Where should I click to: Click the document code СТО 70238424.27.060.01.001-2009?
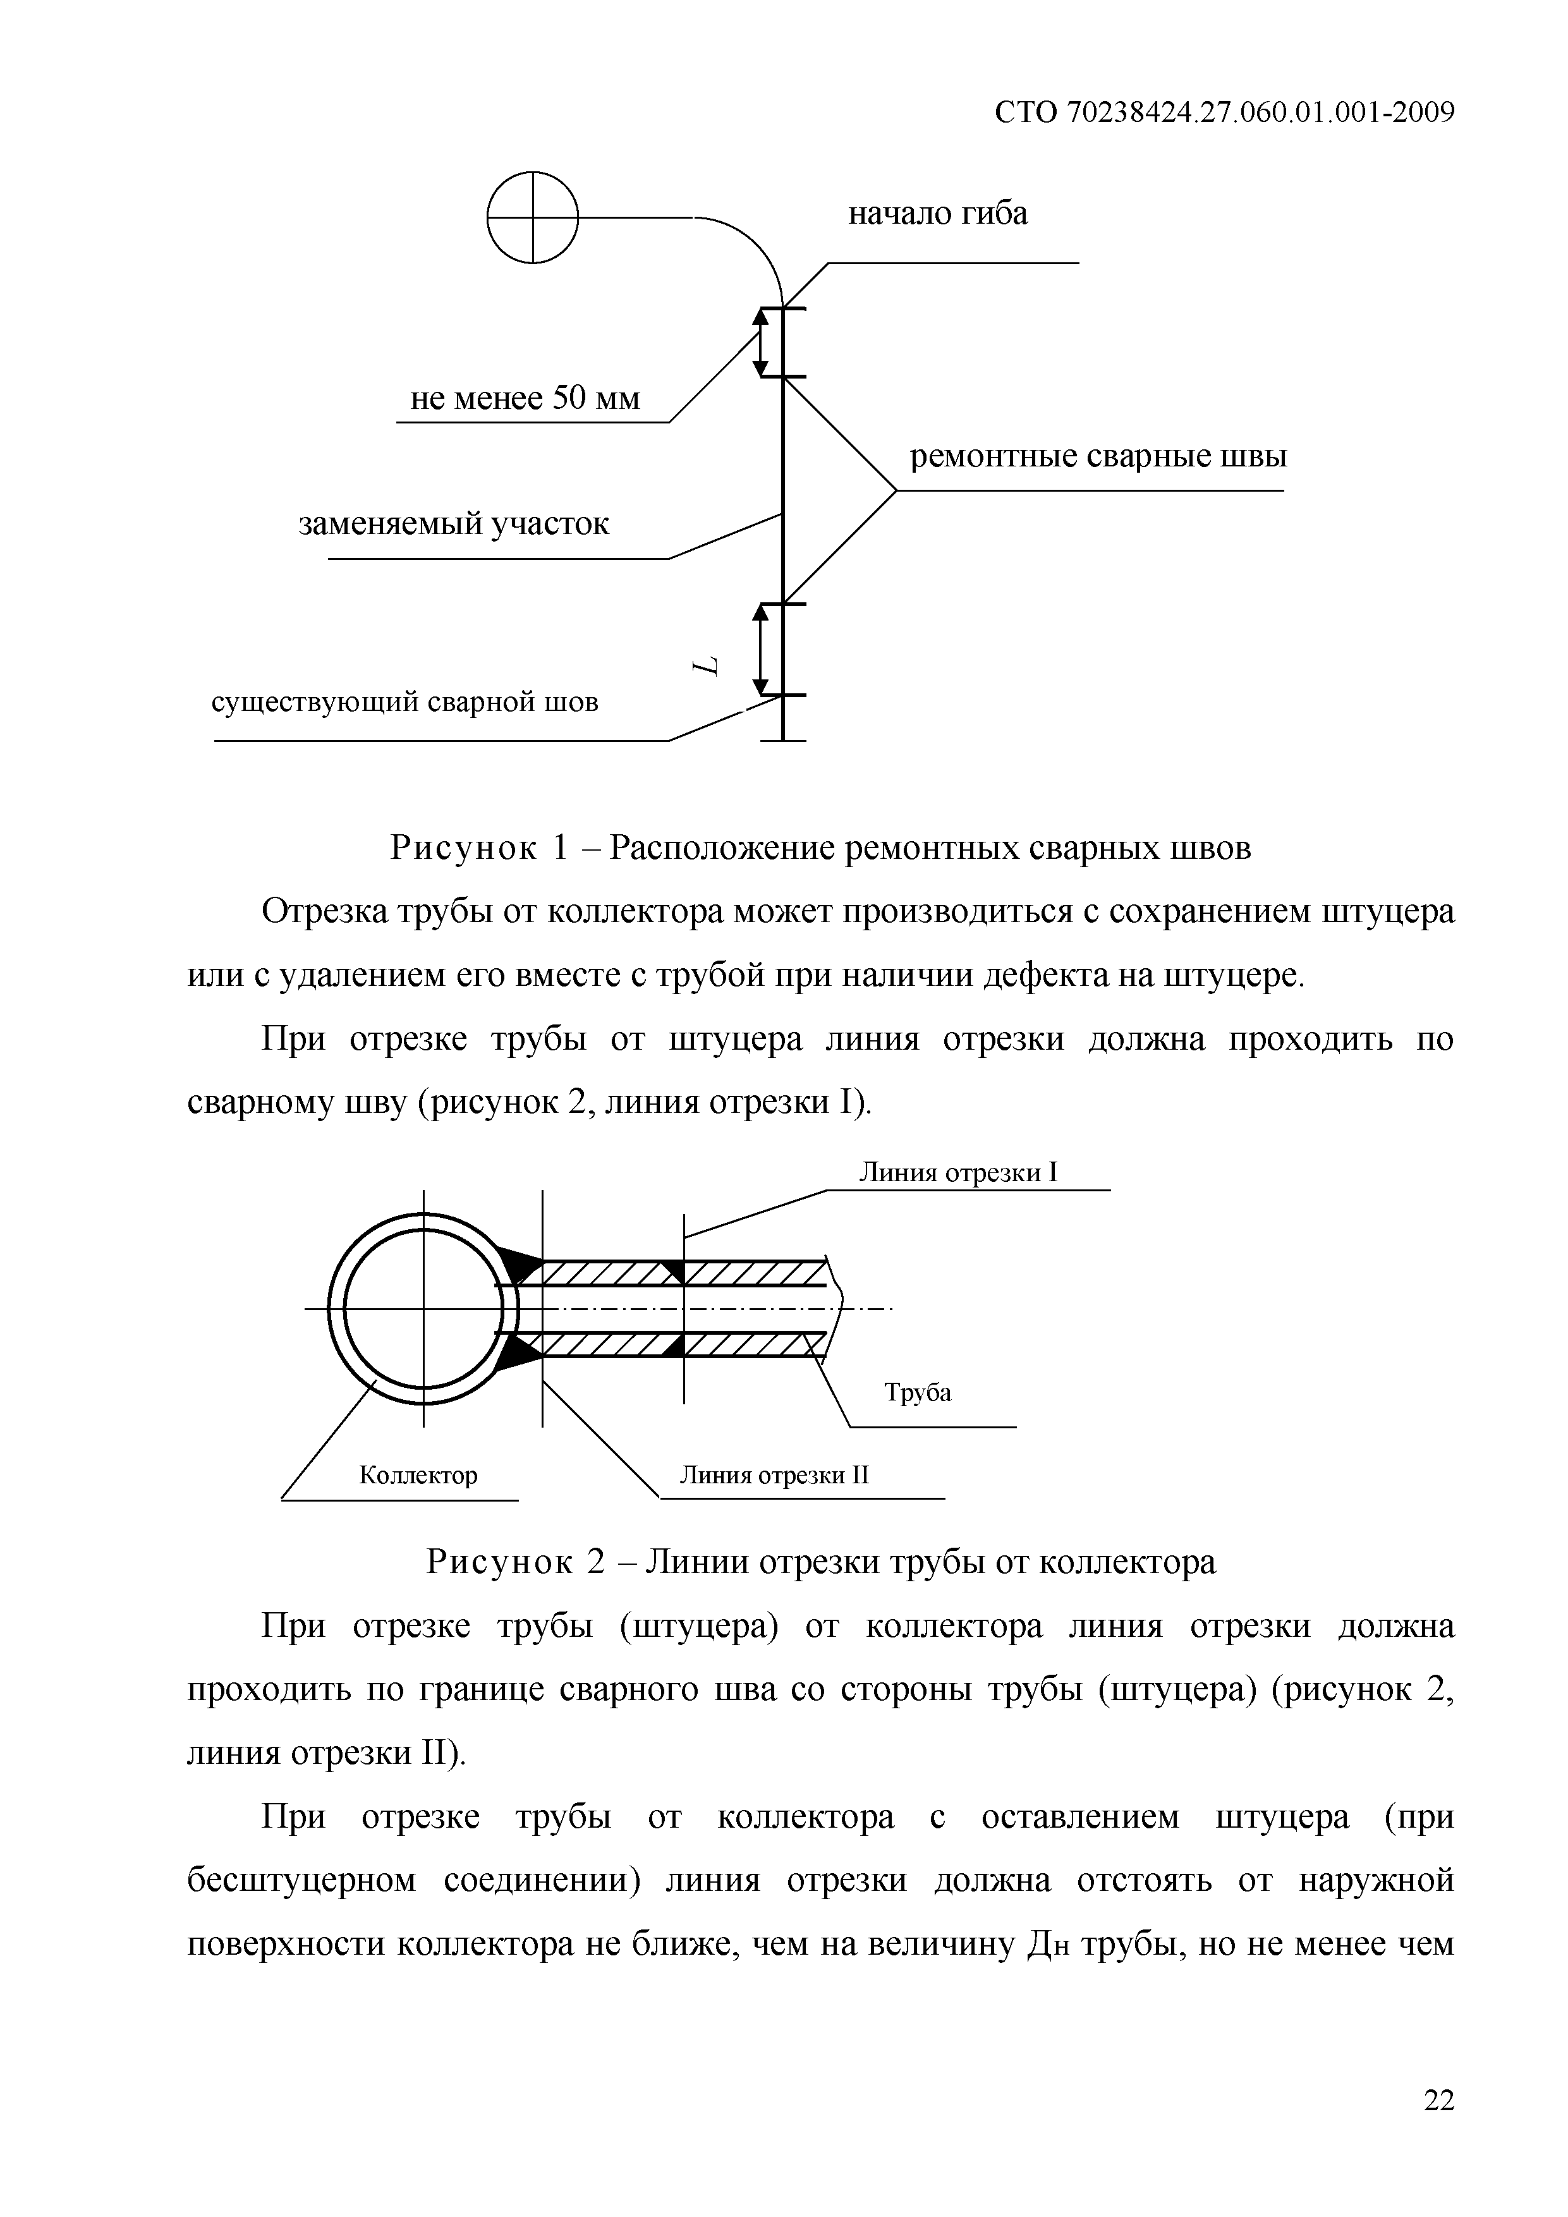(1224, 113)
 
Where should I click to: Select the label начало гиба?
(937, 214)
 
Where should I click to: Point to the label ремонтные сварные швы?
(1098, 456)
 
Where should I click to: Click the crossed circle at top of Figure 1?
(532, 217)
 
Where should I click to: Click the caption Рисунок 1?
(820, 847)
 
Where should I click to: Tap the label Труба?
(917, 1392)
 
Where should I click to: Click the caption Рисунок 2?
(821, 1562)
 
